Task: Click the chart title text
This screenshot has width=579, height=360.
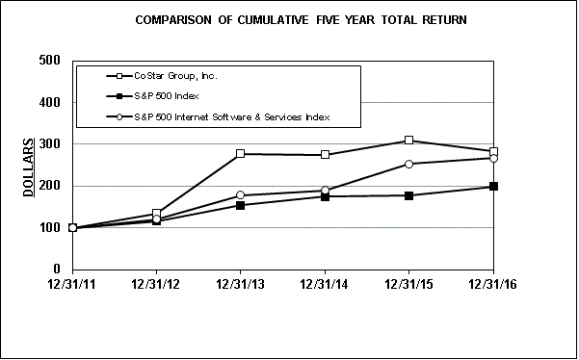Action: [x=288, y=19]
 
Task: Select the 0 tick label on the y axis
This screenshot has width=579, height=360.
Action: [x=56, y=270]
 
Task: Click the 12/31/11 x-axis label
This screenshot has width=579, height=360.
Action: [x=72, y=287]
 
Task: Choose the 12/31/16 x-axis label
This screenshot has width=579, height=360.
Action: [x=493, y=287]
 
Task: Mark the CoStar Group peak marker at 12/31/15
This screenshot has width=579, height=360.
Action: [x=409, y=141]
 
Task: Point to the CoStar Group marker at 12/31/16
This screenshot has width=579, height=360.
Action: [x=493, y=151]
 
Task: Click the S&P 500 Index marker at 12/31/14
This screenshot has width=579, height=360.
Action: [x=326, y=196]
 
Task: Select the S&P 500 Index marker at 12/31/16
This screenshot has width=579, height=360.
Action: [x=493, y=186]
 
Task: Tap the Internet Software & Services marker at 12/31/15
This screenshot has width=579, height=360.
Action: [x=409, y=164]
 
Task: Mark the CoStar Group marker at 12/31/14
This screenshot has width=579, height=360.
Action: [x=326, y=155]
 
